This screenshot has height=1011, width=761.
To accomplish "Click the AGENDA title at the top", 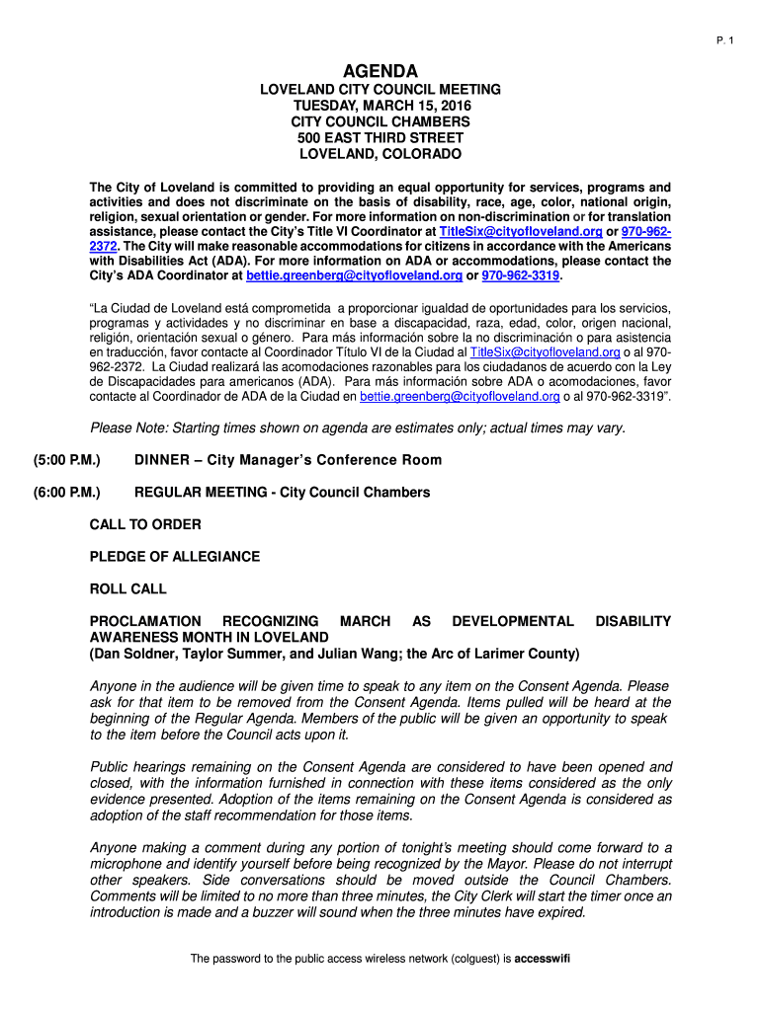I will tap(380, 71).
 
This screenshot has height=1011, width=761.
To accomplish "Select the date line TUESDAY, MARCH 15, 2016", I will tap(380, 106).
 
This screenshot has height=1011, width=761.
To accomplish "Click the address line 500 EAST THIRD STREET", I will tap(380, 138).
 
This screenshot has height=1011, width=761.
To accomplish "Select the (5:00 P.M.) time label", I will tap(57, 460).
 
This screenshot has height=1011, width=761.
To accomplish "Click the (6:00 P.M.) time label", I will tap(57, 492).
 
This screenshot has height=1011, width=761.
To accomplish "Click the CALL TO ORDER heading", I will tap(145, 524).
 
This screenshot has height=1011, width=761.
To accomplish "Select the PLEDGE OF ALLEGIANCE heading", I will tap(175, 557).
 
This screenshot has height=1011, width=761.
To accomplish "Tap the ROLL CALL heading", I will tap(128, 589).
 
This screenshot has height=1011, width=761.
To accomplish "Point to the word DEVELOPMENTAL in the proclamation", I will tap(512, 621).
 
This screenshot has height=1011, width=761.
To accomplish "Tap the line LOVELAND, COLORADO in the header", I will tap(380, 155).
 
